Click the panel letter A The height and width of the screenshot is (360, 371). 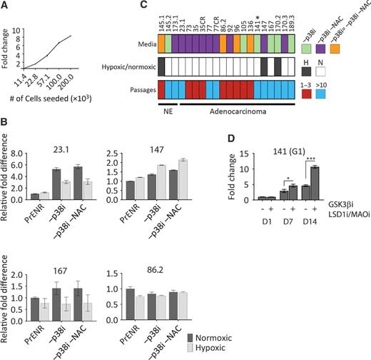click(5, 6)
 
